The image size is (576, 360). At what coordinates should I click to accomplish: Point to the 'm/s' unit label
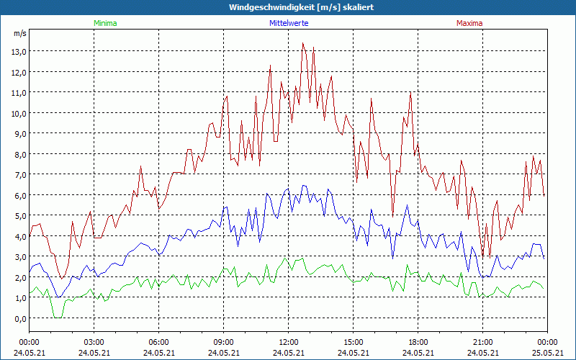(x=19, y=34)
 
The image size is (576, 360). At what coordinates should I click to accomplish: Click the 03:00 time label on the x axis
(x=94, y=342)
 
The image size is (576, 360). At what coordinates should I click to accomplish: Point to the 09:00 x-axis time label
(x=223, y=342)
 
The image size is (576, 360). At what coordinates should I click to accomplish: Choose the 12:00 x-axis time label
(x=288, y=342)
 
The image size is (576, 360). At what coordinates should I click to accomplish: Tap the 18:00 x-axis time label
(x=418, y=342)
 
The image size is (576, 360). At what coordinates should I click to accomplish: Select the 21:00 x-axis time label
(x=482, y=342)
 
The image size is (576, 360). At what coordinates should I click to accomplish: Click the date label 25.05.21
(x=547, y=353)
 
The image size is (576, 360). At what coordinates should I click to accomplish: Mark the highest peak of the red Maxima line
(x=303, y=43)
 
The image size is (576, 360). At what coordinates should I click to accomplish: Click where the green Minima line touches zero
(x=57, y=317)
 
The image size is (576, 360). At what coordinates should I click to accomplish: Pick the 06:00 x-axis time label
(x=158, y=342)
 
